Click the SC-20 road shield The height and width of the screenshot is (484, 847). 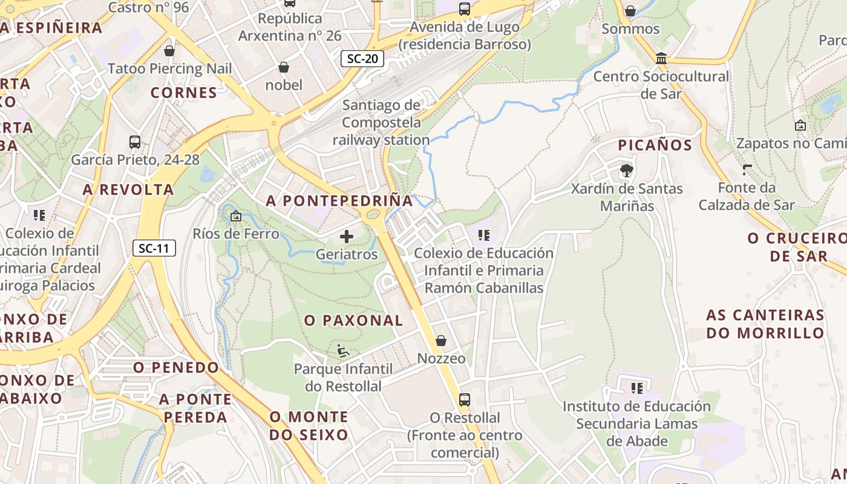coord(362,59)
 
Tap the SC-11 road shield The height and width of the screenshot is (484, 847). coord(154,248)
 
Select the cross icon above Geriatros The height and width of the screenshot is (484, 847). coord(347,237)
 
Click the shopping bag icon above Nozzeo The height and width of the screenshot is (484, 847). coord(441,341)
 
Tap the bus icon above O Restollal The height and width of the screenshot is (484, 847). coord(464,400)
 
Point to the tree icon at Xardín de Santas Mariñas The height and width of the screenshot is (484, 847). coord(626,171)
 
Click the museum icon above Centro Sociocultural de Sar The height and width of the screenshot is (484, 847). coord(661,59)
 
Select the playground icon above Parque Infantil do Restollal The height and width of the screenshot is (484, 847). coord(343,351)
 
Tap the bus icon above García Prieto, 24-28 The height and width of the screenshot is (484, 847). coord(135,142)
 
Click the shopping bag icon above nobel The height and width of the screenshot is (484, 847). coord(283,67)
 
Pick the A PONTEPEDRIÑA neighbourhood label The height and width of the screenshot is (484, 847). coord(339,201)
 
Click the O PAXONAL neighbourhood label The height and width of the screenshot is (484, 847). coord(353,321)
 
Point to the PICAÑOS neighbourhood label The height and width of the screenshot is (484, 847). coord(655,145)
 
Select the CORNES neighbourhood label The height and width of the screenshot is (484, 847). coord(183,93)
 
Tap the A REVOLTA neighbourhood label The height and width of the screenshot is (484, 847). coord(128,190)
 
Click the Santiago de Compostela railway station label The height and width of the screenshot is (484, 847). coord(381,123)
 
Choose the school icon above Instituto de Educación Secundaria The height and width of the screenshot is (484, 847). coord(636,388)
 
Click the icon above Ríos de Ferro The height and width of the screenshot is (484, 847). coord(236,216)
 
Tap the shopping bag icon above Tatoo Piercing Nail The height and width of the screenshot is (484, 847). coord(169,51)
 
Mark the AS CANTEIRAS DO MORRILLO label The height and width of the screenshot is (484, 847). coord(765,324)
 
